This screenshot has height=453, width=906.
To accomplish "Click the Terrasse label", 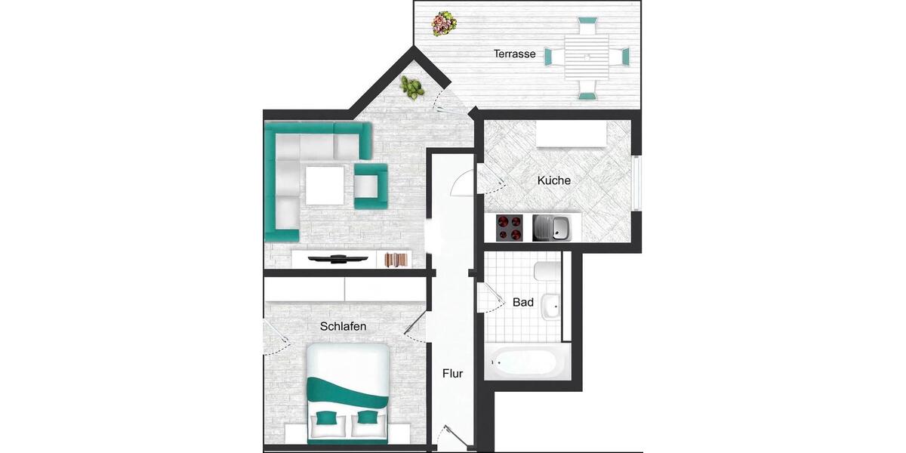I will pyautogui.click(x=514, y=54).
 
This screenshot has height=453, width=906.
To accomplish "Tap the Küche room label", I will pyautogui.click(x=553, y=180).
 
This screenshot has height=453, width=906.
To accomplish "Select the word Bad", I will pyautogui.click(x=523, y=302).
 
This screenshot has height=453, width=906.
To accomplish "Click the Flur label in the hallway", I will pyautogui.click(x=452, y=373).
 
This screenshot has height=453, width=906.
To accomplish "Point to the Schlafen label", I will pyautogui.click(x=343, y=326).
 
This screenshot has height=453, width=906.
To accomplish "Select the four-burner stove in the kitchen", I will pyautogui.click(x=510, y=227).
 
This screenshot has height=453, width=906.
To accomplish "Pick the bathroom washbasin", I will pyautogui.click(x=552, y=306).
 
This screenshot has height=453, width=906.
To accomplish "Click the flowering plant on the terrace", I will pyautogui.click(x=443, y=23).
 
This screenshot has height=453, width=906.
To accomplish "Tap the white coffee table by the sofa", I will pyautogui.click(x=325, y=185).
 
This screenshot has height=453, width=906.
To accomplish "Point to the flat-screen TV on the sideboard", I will pyautogui.click(x=340, y=259).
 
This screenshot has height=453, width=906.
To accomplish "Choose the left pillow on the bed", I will pyautogui.click(x=326, y=418).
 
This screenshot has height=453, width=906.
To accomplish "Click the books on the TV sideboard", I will pyautogui.click(x=396, y=260).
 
